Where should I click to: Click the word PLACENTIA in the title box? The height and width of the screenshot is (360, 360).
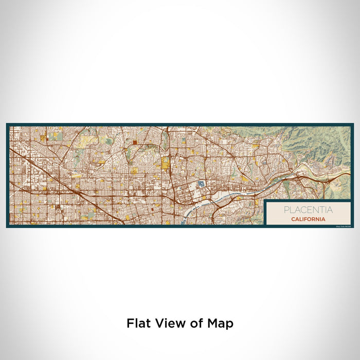(x=308, y=210)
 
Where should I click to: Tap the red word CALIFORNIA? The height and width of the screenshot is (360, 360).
(x=308, y=219)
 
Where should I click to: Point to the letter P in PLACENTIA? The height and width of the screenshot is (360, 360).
(x=285, y=210)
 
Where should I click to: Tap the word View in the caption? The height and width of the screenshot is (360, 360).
(x=168, y=323)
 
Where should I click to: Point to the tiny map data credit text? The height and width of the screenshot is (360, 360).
(x=343, y=225)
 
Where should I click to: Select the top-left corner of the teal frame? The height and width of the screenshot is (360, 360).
(x=7, y=124)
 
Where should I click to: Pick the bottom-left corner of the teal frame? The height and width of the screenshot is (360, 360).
(x=7, y=227)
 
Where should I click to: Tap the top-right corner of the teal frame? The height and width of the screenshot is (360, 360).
(x=353, y=124)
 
